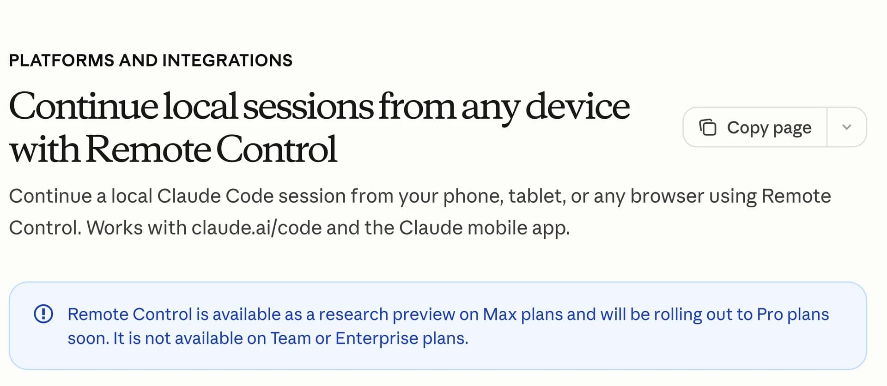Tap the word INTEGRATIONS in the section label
227,60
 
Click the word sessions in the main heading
308,107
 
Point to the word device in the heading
577,107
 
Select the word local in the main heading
200,107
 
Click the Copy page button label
769,127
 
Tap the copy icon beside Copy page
707,127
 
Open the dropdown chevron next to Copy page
846,127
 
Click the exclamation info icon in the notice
43,314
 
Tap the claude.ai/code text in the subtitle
256,228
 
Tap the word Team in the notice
290,338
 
